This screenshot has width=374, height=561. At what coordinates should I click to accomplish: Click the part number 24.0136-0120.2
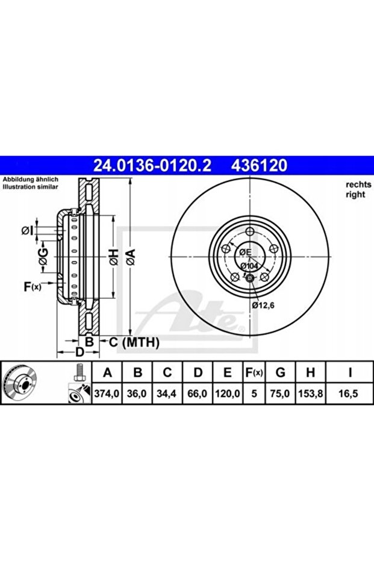click(x=152, y=166)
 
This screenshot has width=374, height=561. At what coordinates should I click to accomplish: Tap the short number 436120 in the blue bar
click(x=259, y=166)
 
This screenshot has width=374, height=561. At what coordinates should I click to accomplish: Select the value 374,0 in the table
click(x=107, y=393)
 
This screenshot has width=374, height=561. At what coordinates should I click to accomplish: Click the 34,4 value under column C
click(x=167, y=393)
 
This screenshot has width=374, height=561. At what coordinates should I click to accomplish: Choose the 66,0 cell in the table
click(x=198, y=393)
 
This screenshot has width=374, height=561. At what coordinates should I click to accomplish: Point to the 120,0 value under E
click(x=227, y=393)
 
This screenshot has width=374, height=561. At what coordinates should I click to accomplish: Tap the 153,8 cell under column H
click(x=310, y=393)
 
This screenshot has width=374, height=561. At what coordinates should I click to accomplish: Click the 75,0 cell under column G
click(x=280, y=393)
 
